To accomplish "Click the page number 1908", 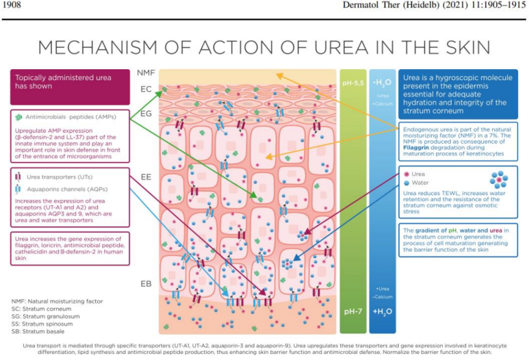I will point(13,5).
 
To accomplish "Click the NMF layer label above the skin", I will point(146,73).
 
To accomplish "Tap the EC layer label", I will point(146,89).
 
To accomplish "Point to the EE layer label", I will point(146,177).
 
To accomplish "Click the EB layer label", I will point(146,283).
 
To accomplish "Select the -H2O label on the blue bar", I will point(382,81).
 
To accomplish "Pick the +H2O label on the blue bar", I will point(382,311).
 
